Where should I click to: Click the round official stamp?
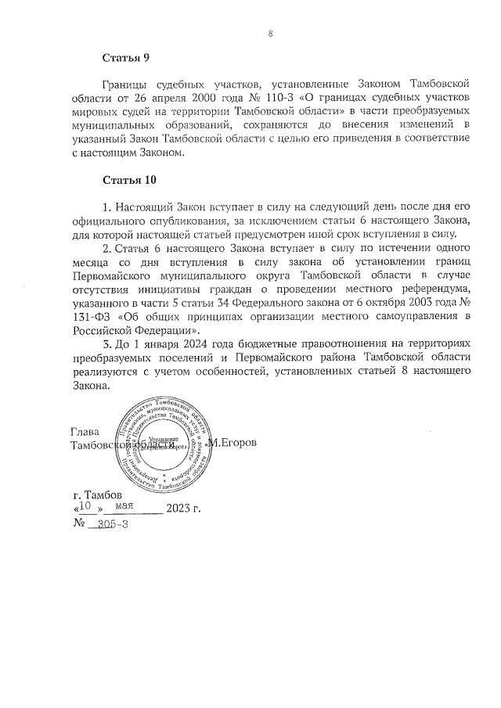164,444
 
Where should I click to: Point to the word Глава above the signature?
86,432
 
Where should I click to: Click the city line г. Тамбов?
96,495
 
